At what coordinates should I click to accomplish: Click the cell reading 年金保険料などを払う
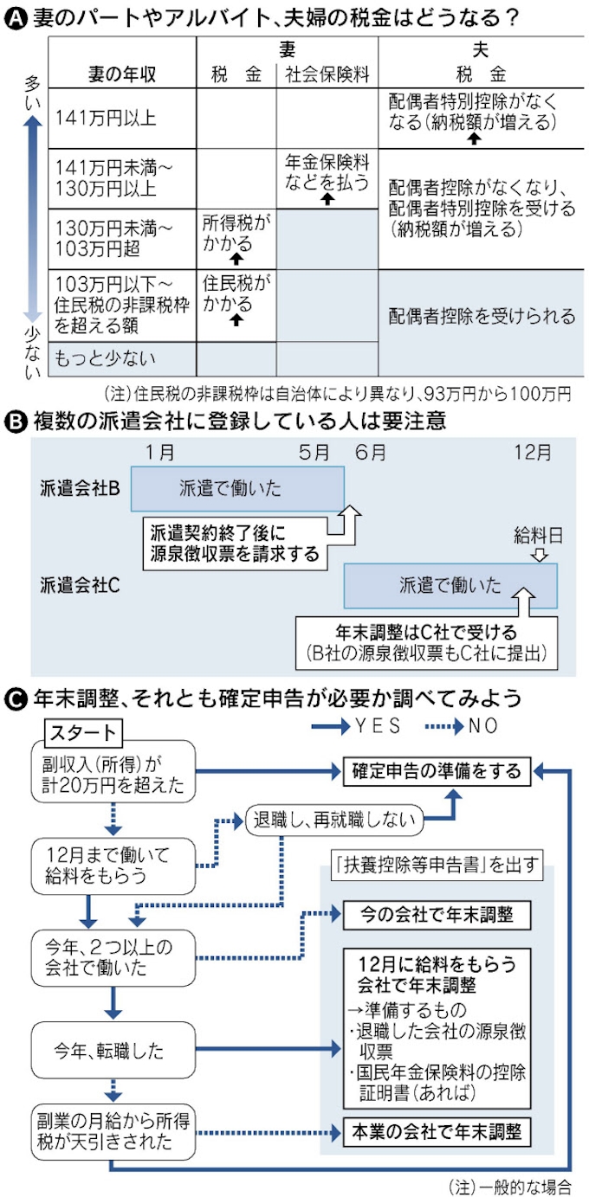[327, 173]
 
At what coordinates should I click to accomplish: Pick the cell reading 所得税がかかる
[236, 230]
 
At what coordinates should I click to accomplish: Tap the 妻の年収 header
[122, 74]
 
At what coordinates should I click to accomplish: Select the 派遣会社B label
[80, 487]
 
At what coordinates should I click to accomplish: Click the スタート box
[83, 732]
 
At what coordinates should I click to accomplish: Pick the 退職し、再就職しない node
[335, 816]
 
